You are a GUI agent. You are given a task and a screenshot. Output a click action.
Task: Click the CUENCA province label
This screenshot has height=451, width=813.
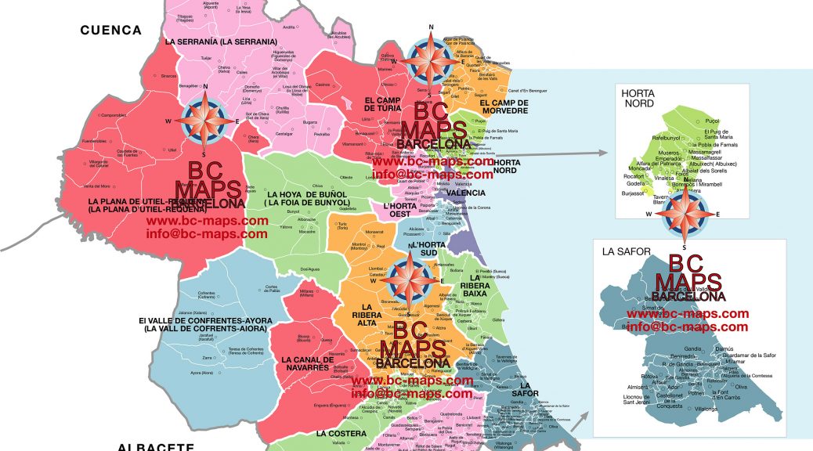coord(110,31)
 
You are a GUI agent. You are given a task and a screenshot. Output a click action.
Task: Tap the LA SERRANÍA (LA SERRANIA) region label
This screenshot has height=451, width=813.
coord(220,41)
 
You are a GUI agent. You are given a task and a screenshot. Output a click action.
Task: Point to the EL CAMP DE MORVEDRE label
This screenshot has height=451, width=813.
coord(504,106)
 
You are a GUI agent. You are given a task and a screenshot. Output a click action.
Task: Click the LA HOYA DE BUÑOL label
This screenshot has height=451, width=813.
coord(307,198)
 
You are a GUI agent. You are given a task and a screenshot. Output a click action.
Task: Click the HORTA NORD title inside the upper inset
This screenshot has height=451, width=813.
coord(638,98)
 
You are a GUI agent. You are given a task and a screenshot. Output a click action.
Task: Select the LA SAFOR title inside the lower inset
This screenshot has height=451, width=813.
coord(621,251)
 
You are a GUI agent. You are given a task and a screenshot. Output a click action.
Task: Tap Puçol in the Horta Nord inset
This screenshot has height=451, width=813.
coord(712,121)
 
